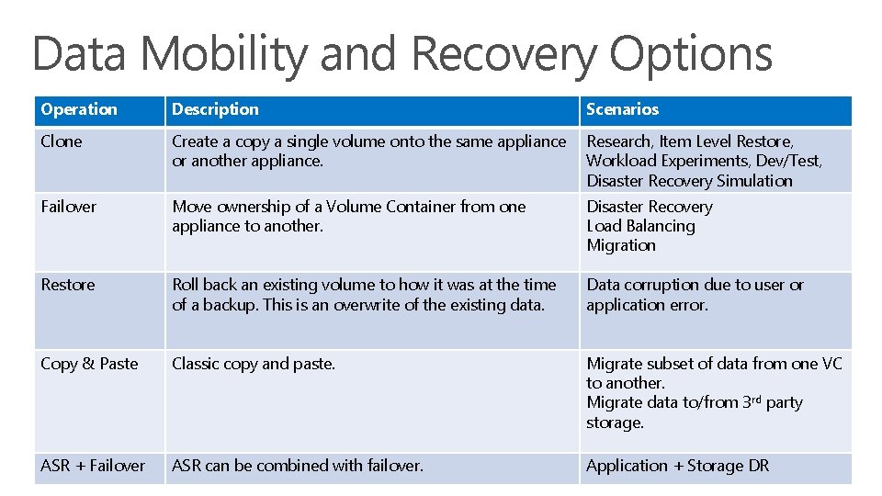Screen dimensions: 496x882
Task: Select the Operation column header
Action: [x=79, y=109]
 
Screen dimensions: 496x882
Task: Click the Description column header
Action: [x=215, y=109]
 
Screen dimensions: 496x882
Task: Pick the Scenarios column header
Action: [x=622, y=109]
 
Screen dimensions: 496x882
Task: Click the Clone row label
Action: [x=62, y=141]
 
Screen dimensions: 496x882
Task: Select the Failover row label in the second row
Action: [x=68, y=207]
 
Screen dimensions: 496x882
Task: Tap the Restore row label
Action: [x=67, y=285]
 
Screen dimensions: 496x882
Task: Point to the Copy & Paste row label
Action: [x=89, y=364]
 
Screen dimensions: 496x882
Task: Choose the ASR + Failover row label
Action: [x=93, y=466]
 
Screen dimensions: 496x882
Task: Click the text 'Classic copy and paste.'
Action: [x=254, y=364]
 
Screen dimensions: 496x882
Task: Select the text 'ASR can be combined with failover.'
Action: [x=298, y=466]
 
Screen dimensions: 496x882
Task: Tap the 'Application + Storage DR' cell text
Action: [x=677, y=466]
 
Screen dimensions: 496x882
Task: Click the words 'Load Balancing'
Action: [x=640, y=226]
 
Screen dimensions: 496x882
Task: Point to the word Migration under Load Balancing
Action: [x=621, y=245]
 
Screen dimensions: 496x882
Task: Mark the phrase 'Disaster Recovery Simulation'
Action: [x=689, y=181]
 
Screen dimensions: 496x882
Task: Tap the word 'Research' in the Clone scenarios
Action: [x=618, y=141]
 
